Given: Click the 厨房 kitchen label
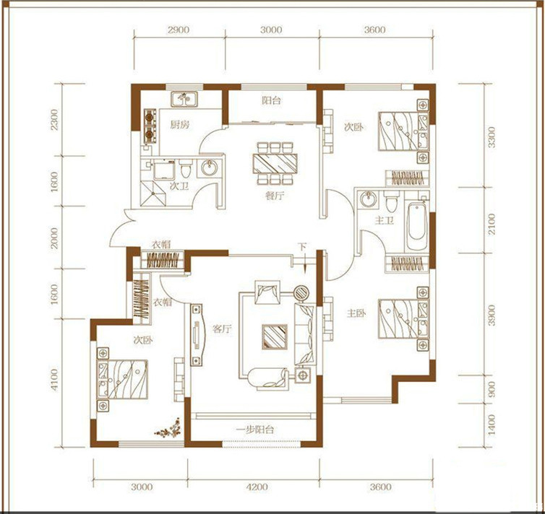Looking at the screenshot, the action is click(x=180, y=124).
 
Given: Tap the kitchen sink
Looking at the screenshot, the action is click(x=184, y=99).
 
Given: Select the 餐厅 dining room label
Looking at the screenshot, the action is click(x=274, y=196).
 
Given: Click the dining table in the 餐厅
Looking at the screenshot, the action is click(x=275, y=163).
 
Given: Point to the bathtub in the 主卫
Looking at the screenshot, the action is click(x=417, y=226).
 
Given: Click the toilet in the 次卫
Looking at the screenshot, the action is click(x=186, y=170).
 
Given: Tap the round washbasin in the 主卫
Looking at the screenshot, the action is click(x=368, y=200).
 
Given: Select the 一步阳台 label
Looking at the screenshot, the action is click(x=254, y=430).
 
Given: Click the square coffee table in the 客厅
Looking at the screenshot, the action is click(x=275, y=336).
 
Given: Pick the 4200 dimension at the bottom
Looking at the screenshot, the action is click(x=257, y=487).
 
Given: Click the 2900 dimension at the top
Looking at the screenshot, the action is click(x=179, y=30).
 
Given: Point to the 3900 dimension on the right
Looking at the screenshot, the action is click(x=491, y=315).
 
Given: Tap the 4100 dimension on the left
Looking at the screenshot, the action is click(x=54, y=379).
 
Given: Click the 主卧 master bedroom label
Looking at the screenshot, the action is click(x=356, y=313).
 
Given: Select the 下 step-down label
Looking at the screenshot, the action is click(x=301, y=247).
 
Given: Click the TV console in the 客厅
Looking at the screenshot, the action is click(x=197, y=334).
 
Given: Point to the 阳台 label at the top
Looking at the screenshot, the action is click(x=272, y=100).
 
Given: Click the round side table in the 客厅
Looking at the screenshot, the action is click(x=301, y=293).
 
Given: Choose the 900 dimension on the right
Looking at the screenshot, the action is click(x=491, y=389).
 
